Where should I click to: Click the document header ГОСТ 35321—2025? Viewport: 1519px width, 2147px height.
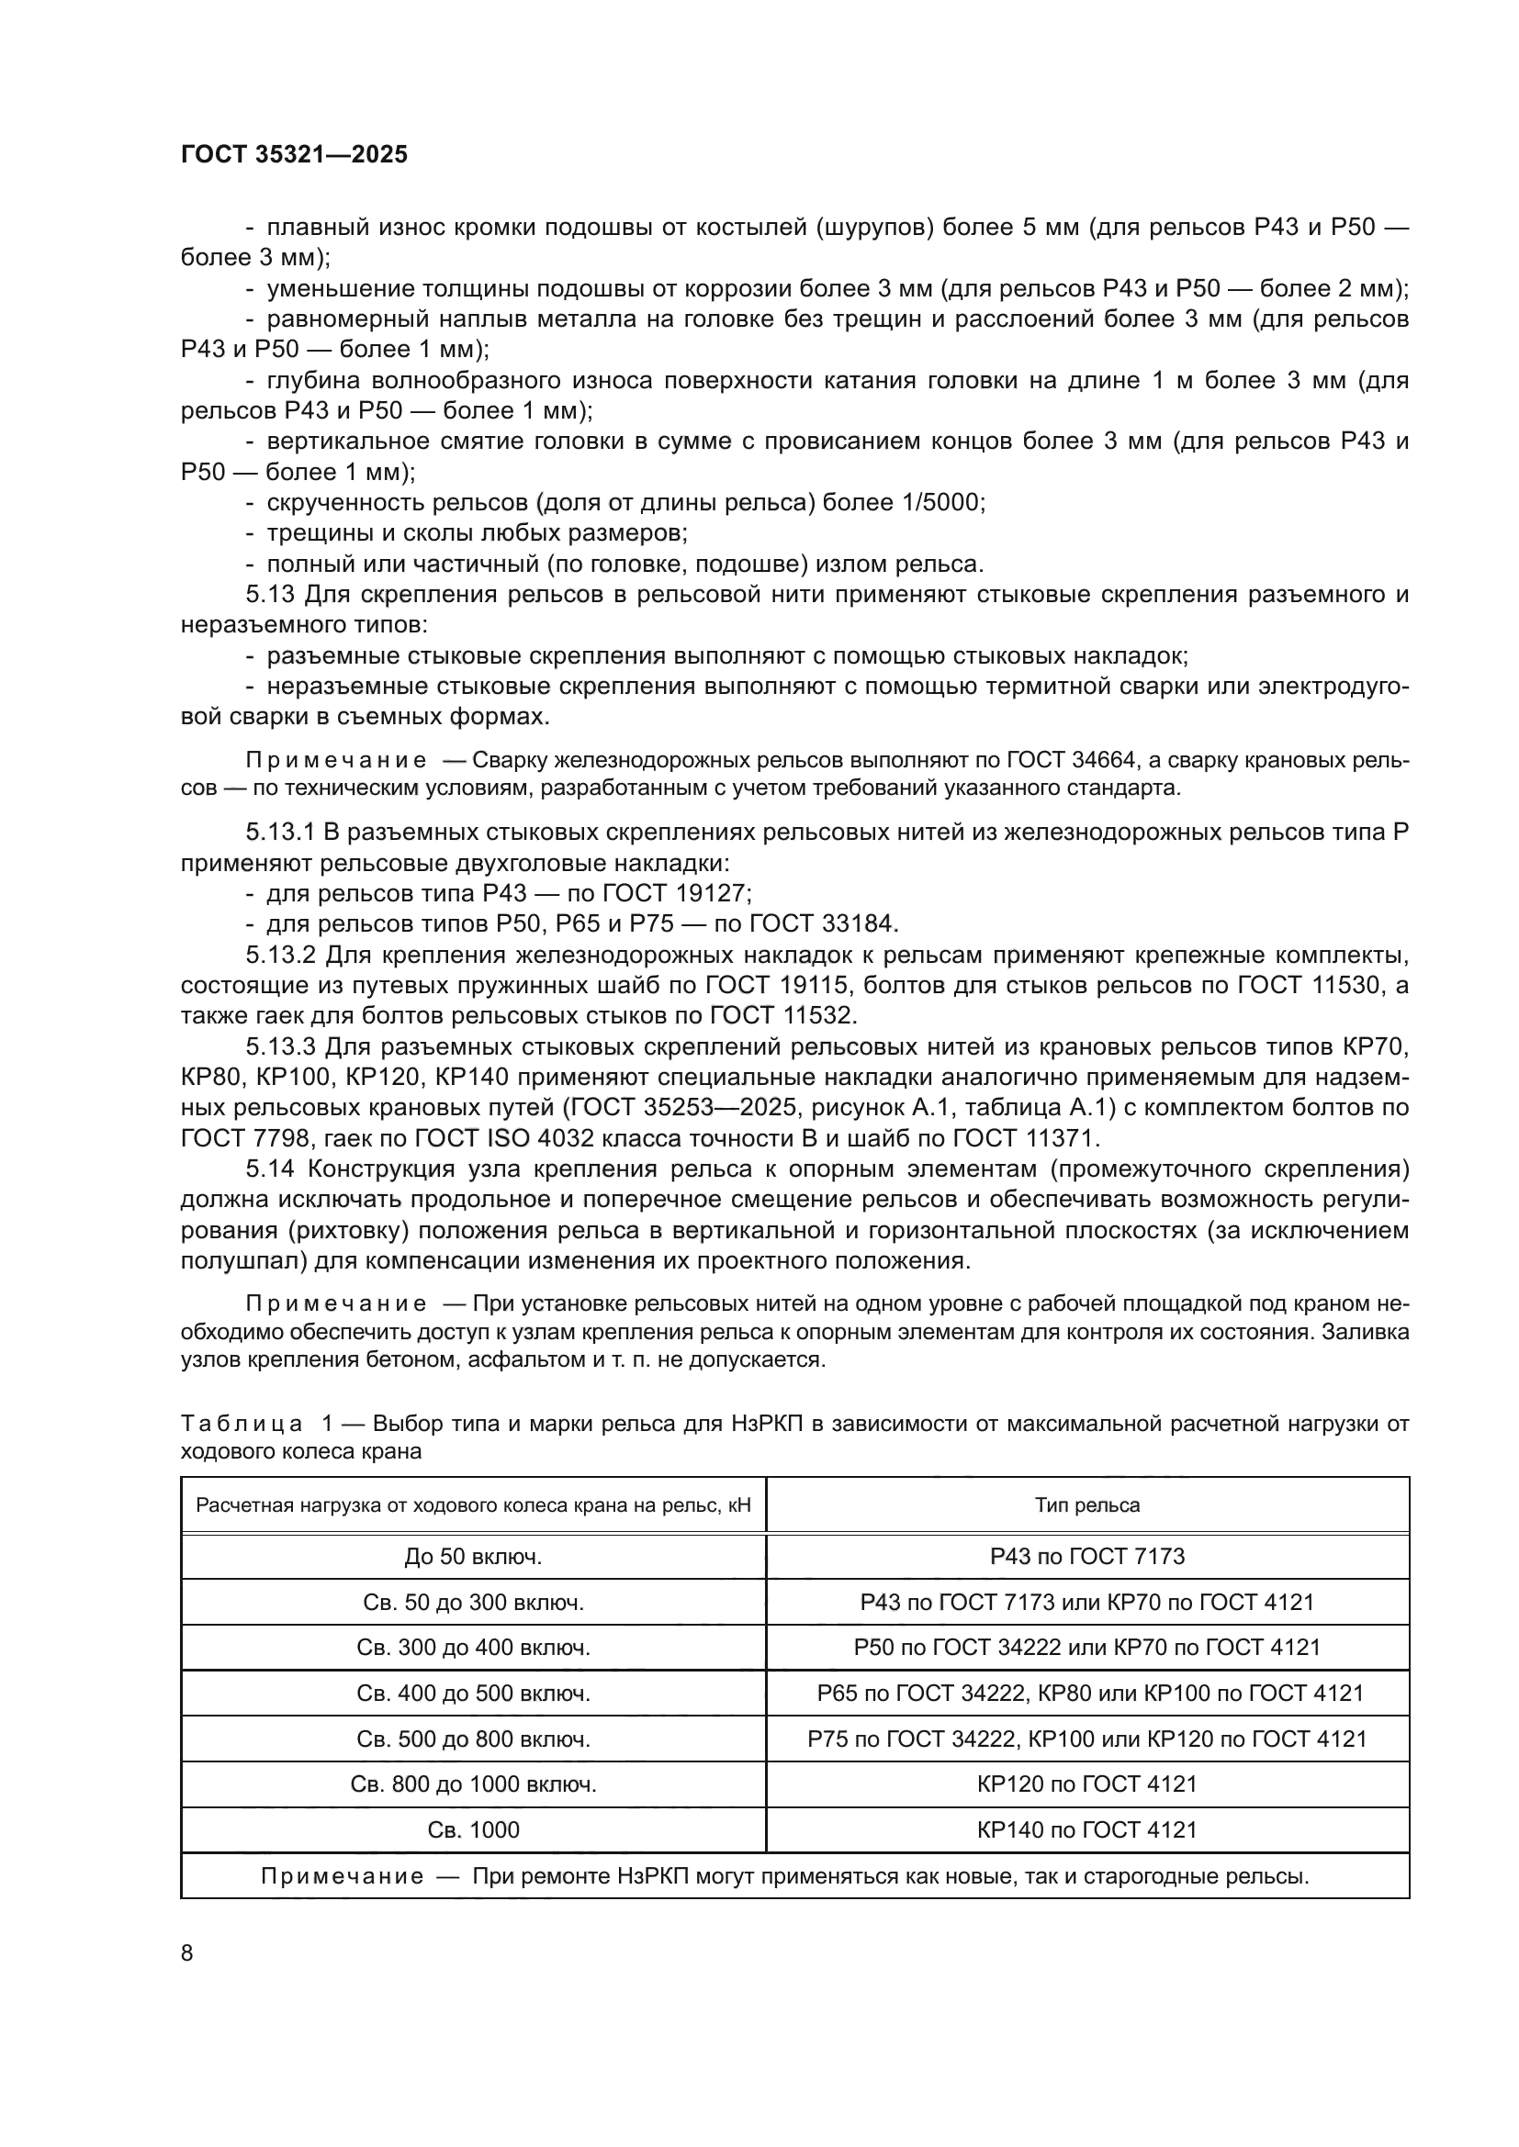295,154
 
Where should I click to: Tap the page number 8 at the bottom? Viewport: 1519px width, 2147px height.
187,1952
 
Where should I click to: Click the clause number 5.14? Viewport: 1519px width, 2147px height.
271,1169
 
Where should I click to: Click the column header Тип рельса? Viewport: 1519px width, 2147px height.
1086,1504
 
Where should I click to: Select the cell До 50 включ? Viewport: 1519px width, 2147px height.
473,1556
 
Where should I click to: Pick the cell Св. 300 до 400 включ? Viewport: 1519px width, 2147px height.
473,1648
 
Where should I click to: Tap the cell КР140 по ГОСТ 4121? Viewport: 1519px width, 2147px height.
1086,1829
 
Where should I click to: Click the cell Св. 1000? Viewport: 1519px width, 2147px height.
473,1829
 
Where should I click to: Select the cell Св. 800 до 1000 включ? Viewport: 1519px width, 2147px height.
473,1784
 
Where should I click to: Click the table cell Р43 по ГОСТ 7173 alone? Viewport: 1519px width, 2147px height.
1086,1556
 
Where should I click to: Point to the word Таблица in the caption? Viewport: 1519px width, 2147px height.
242,1424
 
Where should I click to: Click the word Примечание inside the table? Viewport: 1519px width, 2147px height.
343,1876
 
